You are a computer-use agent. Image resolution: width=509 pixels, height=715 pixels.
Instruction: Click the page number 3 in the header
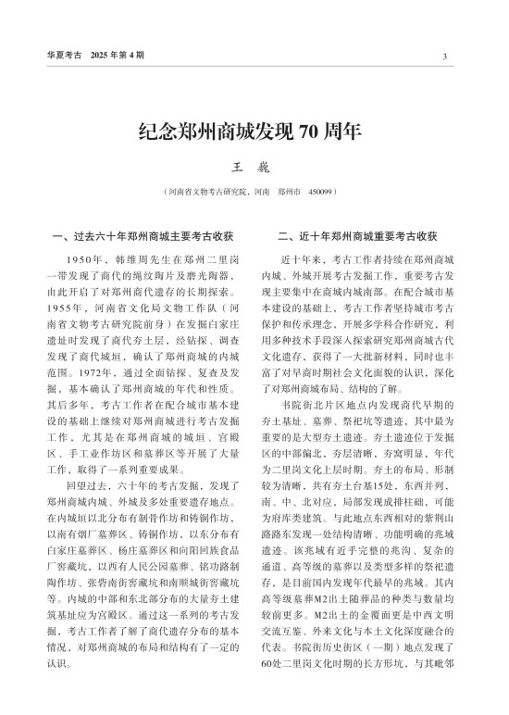click(x=445, y=56)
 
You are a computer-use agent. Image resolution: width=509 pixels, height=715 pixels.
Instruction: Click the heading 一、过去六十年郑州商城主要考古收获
click(x=144, y=235)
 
